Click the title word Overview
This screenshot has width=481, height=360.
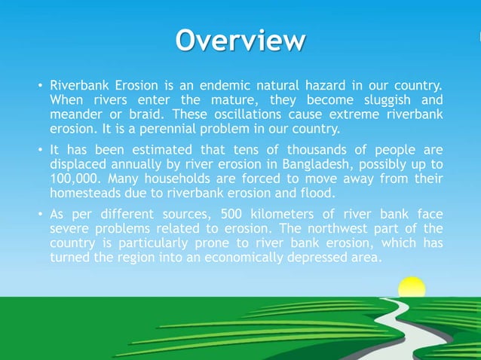pos(240,40)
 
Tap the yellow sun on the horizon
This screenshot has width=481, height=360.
pos(411,287)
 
